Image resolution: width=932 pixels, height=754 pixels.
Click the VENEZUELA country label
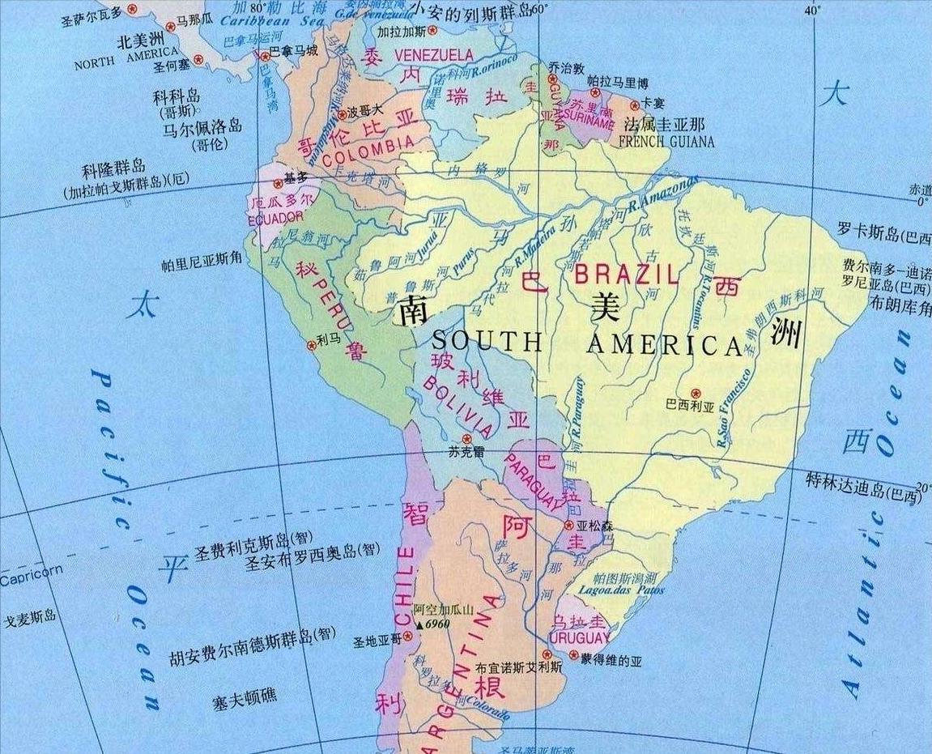click(x=433, y=54)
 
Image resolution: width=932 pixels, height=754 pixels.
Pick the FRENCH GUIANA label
click(x=666, y=142)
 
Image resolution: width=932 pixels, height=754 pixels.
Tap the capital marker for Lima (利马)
click(x=310, y=345)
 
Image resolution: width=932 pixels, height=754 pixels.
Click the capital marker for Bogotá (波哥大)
click(x=342, y=114)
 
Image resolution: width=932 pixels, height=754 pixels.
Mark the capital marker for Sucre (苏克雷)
click(x=466, y=438)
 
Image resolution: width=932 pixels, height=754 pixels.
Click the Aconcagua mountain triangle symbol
click(x=419, y=624)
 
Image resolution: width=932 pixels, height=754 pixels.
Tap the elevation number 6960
click(x=438, y=624)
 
